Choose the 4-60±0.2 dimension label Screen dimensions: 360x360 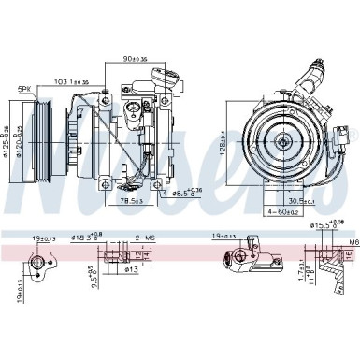[281, 213]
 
